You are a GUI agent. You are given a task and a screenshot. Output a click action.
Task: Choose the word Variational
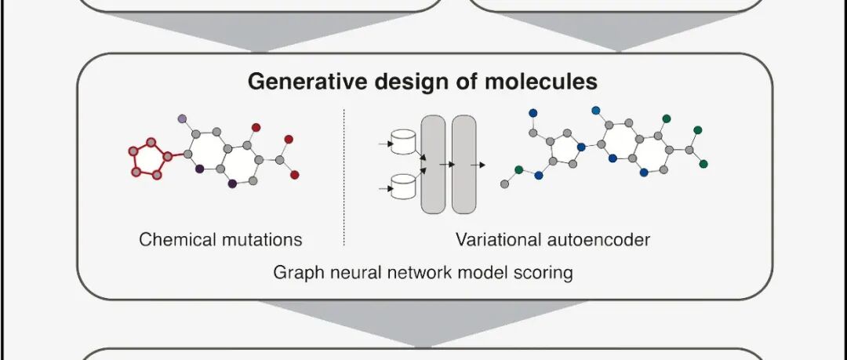click(498, 239)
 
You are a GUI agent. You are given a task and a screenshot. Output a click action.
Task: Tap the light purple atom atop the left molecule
click(182, 118)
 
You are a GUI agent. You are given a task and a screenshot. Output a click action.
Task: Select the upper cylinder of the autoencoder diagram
click(403, 142)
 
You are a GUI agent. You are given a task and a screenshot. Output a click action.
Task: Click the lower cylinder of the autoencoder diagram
click(403, 187)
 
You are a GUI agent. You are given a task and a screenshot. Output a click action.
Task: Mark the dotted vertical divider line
click(344, 177)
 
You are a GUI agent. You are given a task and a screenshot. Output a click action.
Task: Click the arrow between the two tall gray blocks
click(447, 165)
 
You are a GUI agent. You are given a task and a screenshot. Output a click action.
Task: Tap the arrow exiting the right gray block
click(478, 165)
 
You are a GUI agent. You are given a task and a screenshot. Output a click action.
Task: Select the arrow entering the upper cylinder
click(386, 144)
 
